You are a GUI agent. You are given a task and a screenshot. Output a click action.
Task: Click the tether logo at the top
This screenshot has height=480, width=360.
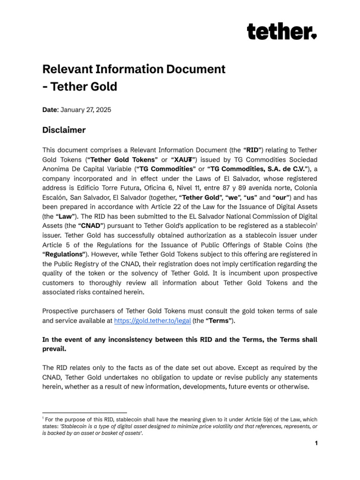(282, 32)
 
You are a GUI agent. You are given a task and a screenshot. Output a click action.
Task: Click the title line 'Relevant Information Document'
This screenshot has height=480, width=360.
(134, 69)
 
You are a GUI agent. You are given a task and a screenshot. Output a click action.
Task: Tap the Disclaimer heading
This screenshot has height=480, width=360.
(64, 130)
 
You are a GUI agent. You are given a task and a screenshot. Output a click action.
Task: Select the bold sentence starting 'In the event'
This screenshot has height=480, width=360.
(180, 344)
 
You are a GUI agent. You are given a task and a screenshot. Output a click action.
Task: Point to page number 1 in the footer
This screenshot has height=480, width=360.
(316, 443)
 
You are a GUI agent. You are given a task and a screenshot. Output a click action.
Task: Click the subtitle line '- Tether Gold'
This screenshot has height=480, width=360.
(80, 87)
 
